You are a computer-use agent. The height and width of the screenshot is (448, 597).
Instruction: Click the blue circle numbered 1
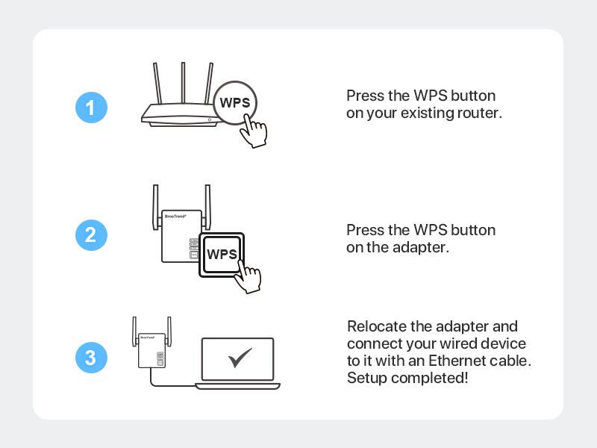(x=91, y=108)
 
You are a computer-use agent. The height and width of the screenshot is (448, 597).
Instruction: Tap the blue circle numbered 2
(x=91, y=235)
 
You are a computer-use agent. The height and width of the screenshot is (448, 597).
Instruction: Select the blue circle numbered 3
(x=91, y=358)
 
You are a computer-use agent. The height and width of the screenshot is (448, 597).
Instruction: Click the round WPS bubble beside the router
(x=235, y=103)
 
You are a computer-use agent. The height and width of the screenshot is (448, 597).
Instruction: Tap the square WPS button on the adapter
(x=222, y=254)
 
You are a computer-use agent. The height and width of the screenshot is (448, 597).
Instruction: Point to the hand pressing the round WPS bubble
(x=254, y=132)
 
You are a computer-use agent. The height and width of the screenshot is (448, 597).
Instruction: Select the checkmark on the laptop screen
(x=240, y=358)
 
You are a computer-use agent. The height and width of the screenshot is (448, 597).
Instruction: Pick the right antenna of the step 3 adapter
(x=169, y=331)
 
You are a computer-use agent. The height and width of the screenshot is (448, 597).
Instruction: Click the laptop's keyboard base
(x=237, y=385)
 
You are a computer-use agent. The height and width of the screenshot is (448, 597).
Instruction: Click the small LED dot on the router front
(x=210, y=119)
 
